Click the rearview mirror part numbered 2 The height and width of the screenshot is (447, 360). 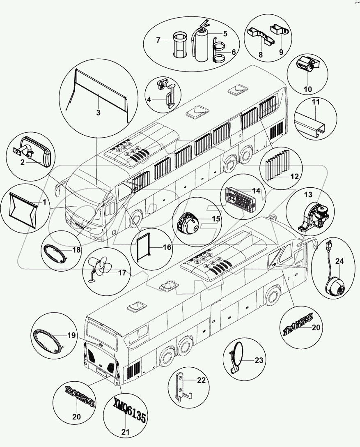tap(37, 152)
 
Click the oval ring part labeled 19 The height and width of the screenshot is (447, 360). tap(48, 340)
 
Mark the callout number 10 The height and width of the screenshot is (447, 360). tap(308, 89)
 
